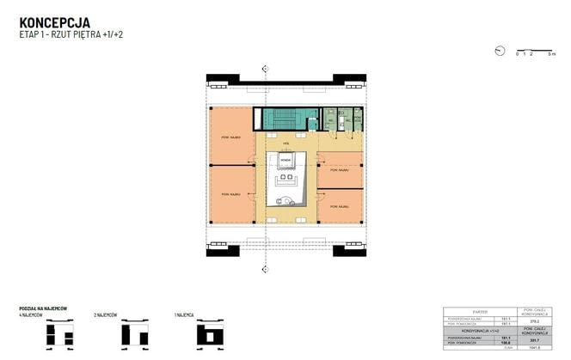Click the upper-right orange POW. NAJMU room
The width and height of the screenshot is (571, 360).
pyautogui.click(x=341, y=170)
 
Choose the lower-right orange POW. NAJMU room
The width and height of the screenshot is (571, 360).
pyautogui.click(x=341, y=207)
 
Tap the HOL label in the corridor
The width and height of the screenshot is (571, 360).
pyautogui.click(x=285, y=144)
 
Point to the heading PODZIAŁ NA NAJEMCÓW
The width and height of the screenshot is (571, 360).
pyautogui.click(x=43, y=308)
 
